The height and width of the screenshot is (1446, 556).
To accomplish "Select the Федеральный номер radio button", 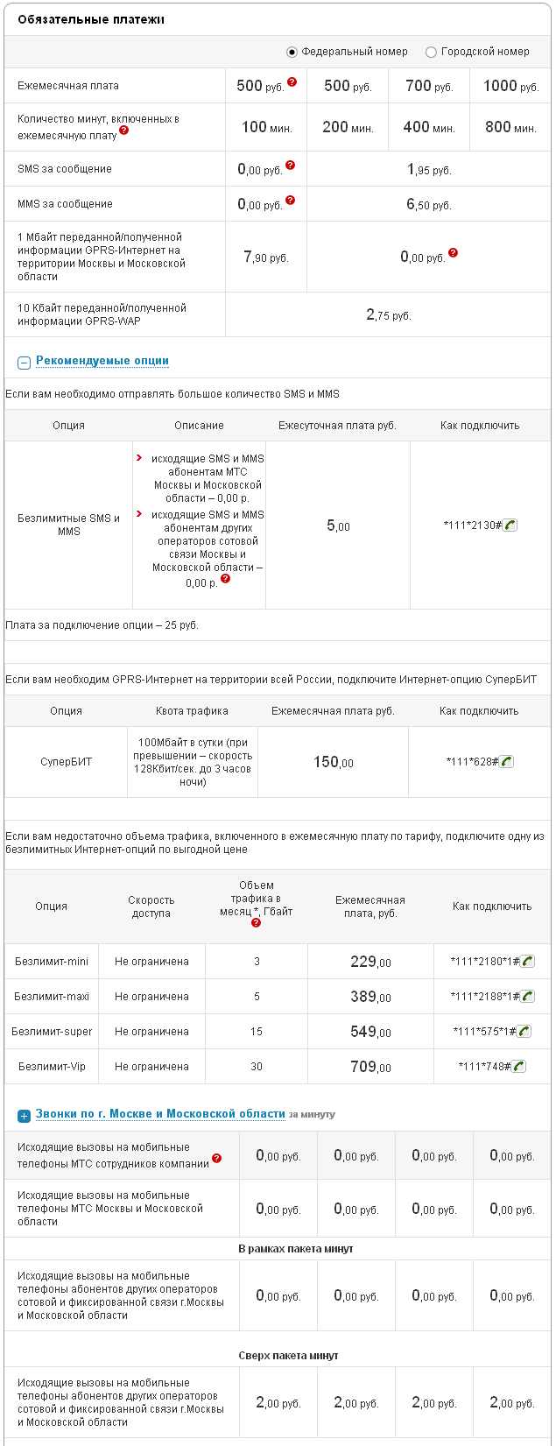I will click(x=292, y=53).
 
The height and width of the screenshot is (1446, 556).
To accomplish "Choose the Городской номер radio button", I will click(x=431, y=53).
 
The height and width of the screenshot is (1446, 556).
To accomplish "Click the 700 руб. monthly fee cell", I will click(x=429, y=86).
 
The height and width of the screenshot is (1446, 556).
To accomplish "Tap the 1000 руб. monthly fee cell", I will click(x=510, y=86).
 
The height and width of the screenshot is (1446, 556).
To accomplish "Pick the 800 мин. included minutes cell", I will click(x=510, y=127).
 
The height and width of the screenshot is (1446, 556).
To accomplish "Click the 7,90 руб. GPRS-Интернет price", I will click(x=265, y=257).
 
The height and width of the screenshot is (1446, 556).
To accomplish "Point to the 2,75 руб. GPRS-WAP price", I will click(x=388, y=315).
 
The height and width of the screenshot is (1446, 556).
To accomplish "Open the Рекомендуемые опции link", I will click(x=102, y=361).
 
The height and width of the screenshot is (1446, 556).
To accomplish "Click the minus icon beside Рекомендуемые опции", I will click(x=25, y=363).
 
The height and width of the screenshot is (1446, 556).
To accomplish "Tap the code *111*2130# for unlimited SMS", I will click(x=472, y=525).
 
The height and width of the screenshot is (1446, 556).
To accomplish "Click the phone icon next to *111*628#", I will click(x=506, y=762).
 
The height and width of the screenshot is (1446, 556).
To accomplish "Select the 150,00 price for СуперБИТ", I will click(x=333, y=763).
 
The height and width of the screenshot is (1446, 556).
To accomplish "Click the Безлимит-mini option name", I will click(x=52, y=962).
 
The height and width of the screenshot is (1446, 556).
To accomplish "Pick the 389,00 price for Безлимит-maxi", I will click(x=370, y=997).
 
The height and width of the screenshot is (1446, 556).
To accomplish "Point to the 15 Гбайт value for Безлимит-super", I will click(x=257, y=1032).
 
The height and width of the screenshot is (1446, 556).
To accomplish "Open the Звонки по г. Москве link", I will click(x=160, y=1114).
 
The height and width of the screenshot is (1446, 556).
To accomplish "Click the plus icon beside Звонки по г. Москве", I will click(x=25, y=1116).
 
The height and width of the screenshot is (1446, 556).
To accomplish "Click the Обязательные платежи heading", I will click(x=91, y=19).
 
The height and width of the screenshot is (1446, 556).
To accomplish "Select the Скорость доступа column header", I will click(x=151, y=906).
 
